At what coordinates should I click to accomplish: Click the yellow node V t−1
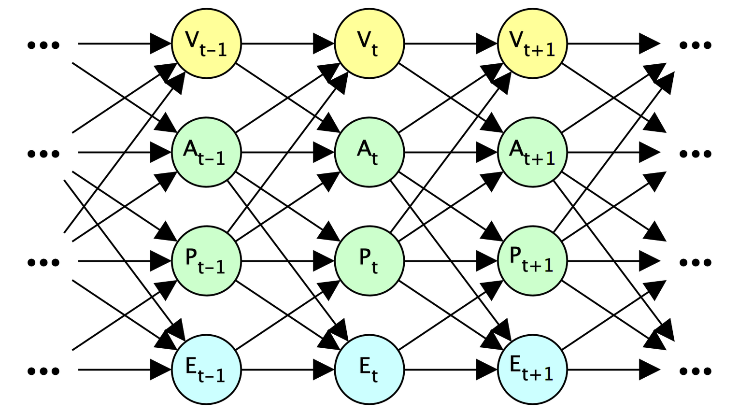206,43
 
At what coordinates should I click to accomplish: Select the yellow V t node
369,43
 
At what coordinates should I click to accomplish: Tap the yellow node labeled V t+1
532,43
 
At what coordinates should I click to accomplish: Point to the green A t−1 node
206,152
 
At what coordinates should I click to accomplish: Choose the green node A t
369,152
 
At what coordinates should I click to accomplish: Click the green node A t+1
532,152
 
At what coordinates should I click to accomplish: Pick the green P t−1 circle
206,261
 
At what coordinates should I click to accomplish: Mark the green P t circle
369,261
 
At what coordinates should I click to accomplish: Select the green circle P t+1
532,261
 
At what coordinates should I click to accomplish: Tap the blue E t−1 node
206,370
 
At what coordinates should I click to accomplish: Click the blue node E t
369,370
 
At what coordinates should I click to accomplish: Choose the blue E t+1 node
532,370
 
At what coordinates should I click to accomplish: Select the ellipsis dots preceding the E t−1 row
43,371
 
